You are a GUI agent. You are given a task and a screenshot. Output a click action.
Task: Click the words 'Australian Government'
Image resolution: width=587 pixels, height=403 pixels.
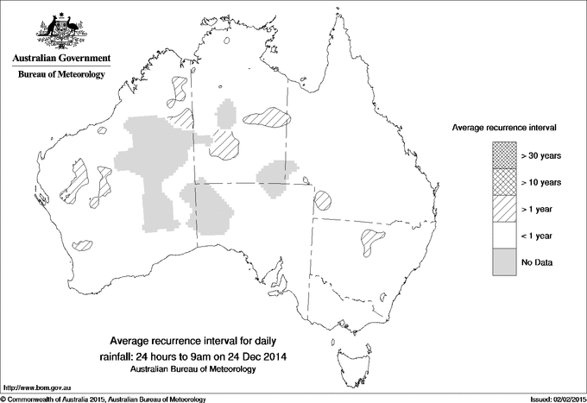(x=61, y=58)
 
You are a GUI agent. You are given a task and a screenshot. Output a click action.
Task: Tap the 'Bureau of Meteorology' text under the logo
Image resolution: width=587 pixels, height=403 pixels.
(x=61, y=75)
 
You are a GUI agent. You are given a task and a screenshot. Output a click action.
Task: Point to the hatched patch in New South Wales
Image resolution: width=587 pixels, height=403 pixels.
(x=374, y=240)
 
